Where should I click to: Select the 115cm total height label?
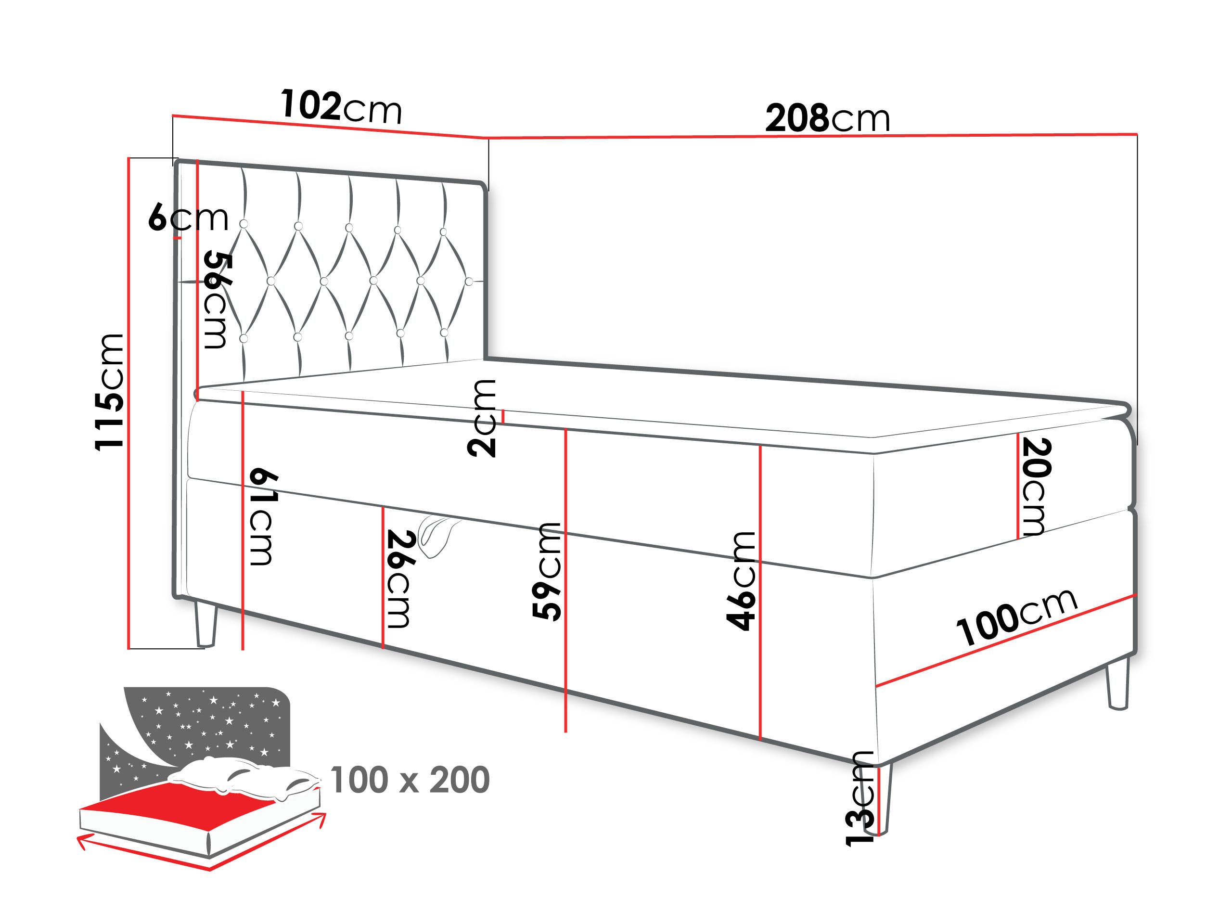pyautogui.click(x=110, y=392)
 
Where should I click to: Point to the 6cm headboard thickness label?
pyautogui.click(x=188, y=218)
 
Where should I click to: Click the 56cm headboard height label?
pyautogui.click(x=217, y=301)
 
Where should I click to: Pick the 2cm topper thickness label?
pyautogui.click(x=481, y=418)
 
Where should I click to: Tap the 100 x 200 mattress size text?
pyautogui.click(x=410, y=780)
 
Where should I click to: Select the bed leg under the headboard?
pyautogui.click(x=205, y=624)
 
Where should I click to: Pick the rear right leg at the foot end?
pyautogui.click(x=1118, y=684)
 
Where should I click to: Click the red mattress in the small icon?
pyautogui.click(x=184, y=802)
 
